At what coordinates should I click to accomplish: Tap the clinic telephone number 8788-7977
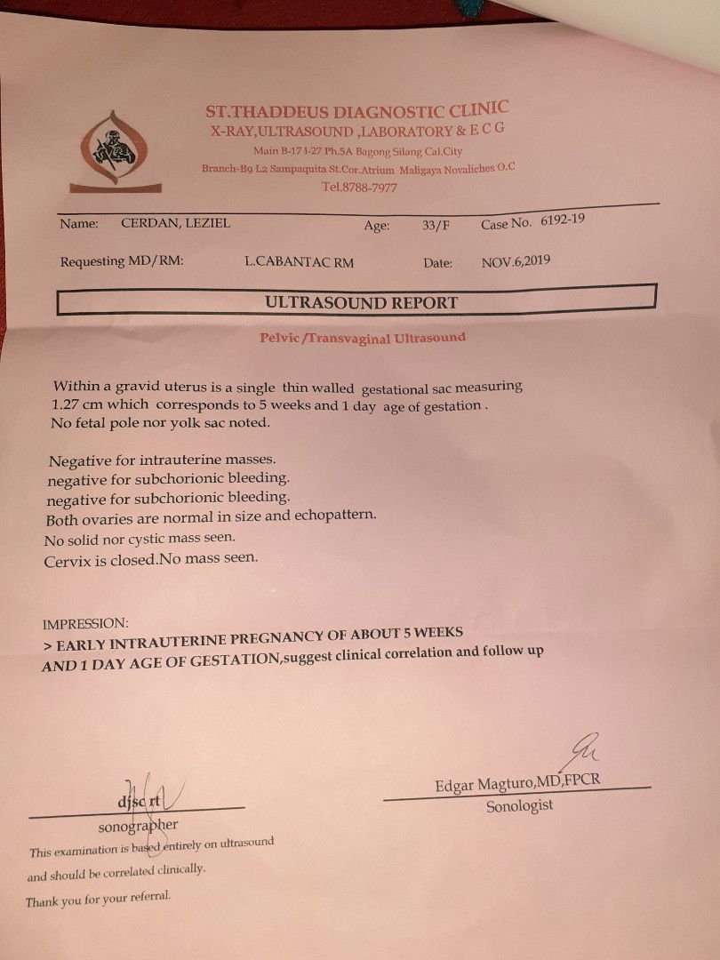coord(359,188)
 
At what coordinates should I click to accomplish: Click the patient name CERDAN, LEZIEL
coord(175,223)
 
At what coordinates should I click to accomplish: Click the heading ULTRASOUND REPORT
coord(361,302)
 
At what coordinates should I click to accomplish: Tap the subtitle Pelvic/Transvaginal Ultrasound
coord(362,338)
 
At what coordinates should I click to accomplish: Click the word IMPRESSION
coord(85,623)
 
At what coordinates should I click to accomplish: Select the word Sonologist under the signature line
coord(519,806)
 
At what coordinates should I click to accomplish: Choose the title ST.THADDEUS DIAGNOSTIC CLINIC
coord(357,111)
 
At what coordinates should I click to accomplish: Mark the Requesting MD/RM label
coord(121,262)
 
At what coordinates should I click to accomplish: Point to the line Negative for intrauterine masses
coord(163,460)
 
